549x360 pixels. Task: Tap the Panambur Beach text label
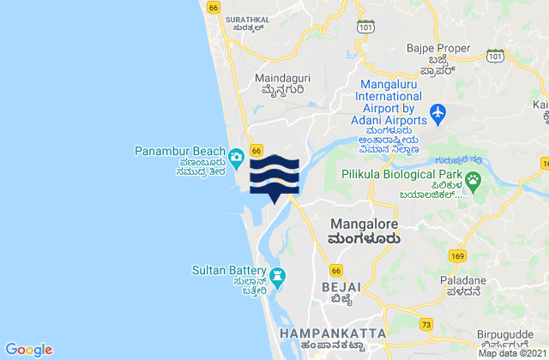179,152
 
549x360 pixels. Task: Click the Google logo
29,349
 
